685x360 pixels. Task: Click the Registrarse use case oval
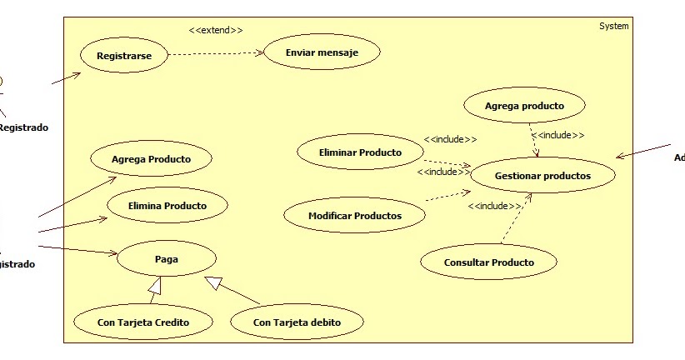coord(124,56)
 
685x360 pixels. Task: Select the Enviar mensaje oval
coord(322,52)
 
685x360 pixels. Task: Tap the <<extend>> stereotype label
coord(216,30)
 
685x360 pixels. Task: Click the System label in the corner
coord(614,27)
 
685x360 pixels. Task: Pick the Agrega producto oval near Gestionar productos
coord(525,106)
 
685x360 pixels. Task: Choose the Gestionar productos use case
coord(542,176)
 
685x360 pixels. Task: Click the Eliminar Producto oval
coord(360,152)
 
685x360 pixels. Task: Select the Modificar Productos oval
coord(355,216)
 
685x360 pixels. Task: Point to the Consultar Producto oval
coord(488,262)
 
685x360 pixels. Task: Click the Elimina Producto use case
coord(167,205)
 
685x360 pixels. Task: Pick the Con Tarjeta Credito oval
coord(142,322)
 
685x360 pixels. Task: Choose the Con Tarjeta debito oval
coord(297,322)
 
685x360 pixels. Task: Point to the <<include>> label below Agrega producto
coord(557,135)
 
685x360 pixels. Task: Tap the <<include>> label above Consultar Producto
coord(495,206)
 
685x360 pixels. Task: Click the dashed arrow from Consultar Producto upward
coord(516,219)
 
